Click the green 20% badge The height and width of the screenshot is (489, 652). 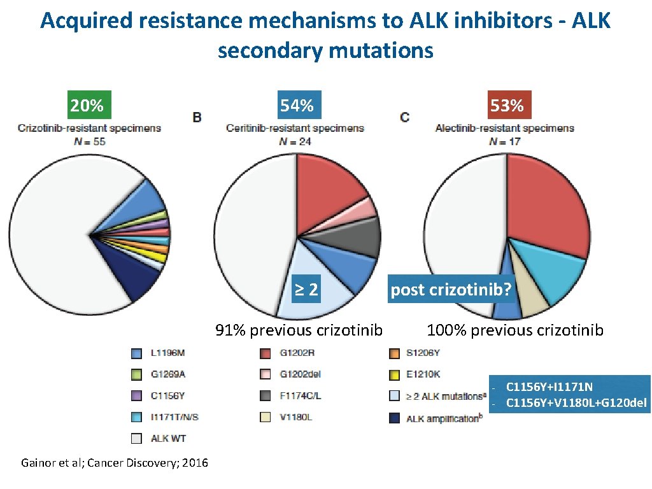[87, 105]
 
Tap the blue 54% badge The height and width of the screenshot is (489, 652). [297, 105]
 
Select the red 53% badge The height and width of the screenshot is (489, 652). [507, 105]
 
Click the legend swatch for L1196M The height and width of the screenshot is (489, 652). [137, 353]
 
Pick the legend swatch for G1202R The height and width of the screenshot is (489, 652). [266, 353]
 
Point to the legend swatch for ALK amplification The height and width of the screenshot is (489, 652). [393, 418]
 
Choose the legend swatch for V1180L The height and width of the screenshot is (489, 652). [266, 418]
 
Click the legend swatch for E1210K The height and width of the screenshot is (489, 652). [393, 374]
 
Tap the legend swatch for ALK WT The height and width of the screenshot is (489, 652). [137, 438]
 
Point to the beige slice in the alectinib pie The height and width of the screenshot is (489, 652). [532, 299]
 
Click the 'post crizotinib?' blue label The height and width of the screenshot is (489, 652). [451, 290]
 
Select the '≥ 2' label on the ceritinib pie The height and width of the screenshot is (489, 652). [306, 290]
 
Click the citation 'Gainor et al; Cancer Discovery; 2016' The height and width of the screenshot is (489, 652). [115, 463]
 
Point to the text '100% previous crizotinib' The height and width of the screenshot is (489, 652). [515, 330]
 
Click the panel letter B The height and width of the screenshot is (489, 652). [197, 117]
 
